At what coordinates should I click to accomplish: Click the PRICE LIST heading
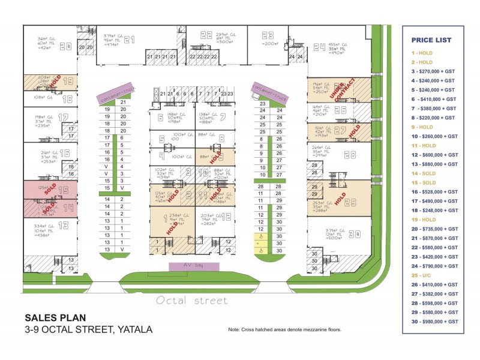pyautogui.click(x=431, y=40)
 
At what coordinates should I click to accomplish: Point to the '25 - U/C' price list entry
pyautogui.click(x=424, y=274)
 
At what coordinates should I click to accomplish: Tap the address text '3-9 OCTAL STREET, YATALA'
pyautogui.click(x=89, y=329)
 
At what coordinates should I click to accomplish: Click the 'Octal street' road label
pyautogui.click(x=192, y=301)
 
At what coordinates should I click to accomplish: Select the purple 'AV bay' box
pyautogui.click(x=194, y=266)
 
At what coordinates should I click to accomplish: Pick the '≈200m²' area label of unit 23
pyautogui.click(x=271, y=43)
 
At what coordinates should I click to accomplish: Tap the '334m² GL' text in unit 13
pyautogui.click(x=43, y=224)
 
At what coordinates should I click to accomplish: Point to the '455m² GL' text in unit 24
pyautogui.click(x=338, y=44)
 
